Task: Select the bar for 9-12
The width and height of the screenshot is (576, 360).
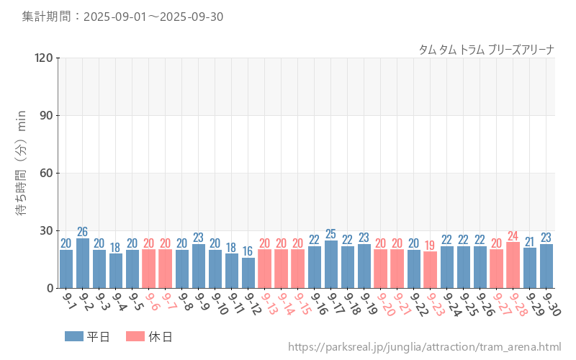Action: click(248, 273)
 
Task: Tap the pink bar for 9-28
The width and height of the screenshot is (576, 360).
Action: click(513, 265)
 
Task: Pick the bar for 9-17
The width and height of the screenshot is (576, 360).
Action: click(331, 264)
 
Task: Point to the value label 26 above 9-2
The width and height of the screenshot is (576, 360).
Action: click(83, 232)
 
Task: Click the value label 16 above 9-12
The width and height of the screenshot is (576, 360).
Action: click(248, 251)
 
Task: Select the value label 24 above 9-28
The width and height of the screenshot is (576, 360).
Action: click(513, 235)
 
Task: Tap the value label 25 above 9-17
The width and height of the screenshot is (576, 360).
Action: click(331, 234)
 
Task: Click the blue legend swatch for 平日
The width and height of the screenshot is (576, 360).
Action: click(74, 336)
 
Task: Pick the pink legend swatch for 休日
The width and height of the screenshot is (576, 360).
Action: click(135, 336)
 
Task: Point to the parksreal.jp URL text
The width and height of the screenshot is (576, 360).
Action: click(424, 348)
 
